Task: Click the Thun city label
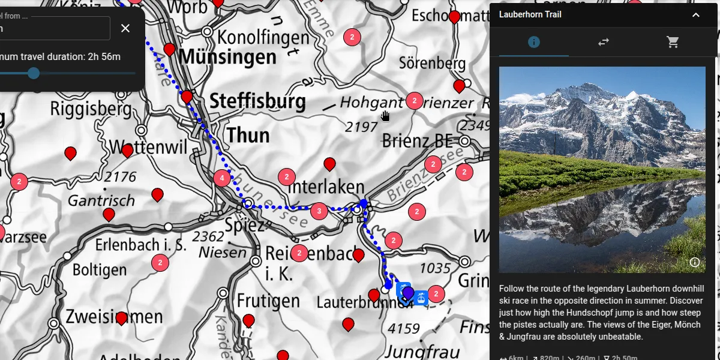click(248, 135)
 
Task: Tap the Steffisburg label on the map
click(257, 101)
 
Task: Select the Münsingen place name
click(227, 57)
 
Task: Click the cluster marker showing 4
click(222, 178)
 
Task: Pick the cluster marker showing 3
click(319, 211)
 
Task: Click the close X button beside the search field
click(125, 28)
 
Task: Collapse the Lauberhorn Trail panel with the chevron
click(696, 15)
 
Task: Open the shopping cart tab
click(673, 42)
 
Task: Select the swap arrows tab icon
click(603, 42)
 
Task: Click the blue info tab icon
click(533, 42)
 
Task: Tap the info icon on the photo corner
click(695, 262)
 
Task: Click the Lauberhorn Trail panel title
click(530, 14)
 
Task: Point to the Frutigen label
click(268, 299)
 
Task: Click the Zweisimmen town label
click(114, 316)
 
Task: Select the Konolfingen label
click(263, 37)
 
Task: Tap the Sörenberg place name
click(432, 63)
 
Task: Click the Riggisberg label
click(91, 109)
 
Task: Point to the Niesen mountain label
click(223, 252)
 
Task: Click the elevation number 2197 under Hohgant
click(361, 127)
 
